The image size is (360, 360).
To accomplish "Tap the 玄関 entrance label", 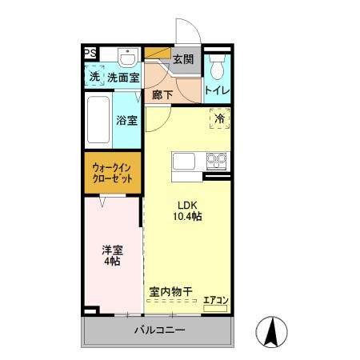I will [183, 59].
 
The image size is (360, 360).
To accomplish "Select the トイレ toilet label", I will [217, 90].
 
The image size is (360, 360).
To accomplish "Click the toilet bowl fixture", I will [217, 62].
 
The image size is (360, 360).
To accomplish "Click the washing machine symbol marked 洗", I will [94, 78].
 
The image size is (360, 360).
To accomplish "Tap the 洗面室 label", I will [124, 78].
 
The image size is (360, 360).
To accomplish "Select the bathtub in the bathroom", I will [98, 121].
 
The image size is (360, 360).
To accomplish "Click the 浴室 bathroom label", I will [126, 122].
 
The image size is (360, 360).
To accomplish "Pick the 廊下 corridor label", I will [162, 94].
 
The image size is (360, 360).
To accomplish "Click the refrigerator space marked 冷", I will [219, 118].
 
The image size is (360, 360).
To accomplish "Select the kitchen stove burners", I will [216, 160].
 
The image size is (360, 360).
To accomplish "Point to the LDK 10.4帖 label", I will [186, 210].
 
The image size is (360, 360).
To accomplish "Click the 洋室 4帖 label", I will [111, 254].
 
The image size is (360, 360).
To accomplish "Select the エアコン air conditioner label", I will [215, 301].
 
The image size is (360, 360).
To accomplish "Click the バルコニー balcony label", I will [158, 330].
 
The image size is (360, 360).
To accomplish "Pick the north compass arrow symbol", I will [271, 330].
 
